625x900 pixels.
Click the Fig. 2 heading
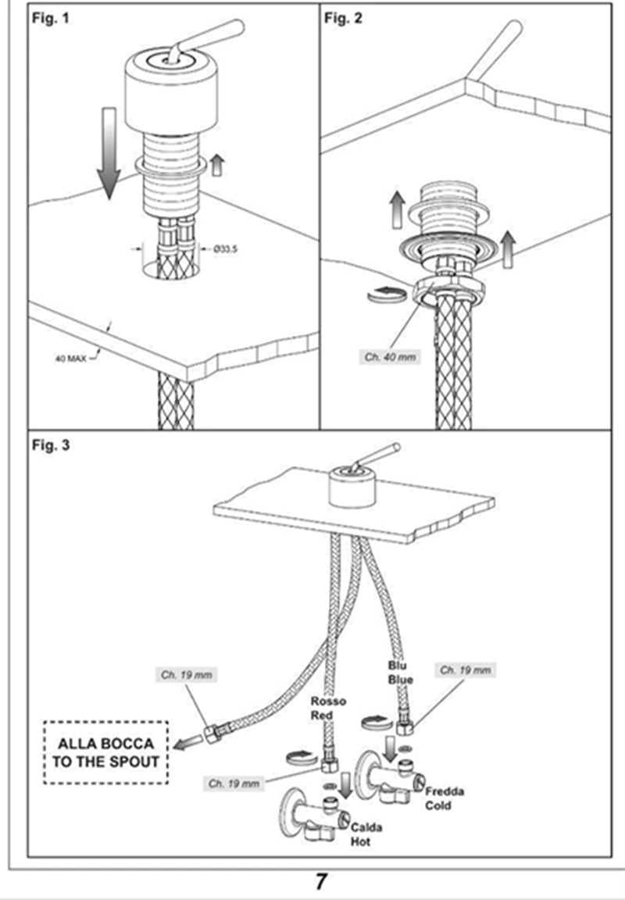pos(343,20)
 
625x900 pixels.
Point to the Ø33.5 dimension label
pos(226,249)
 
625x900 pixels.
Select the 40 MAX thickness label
pos(70,359)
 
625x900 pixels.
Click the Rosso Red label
pos(327,708)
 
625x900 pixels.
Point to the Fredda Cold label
pos(445,798)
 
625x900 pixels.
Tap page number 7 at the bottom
pos(320,882)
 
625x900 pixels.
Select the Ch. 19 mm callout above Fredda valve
pos(466,670)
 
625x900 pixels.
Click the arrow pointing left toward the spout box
pos(187,743)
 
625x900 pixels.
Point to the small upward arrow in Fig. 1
pos(216,165)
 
